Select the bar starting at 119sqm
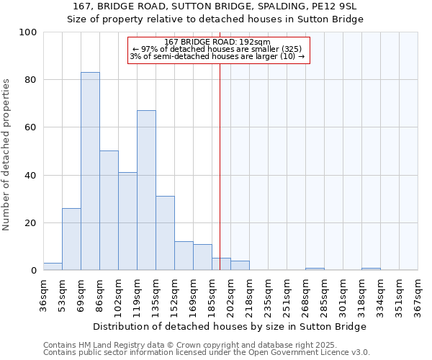pos(146,190)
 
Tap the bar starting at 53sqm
pos(71,239)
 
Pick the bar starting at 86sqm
pos(109,210)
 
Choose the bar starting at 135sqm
pos(165,233)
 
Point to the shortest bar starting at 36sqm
pos(53,266)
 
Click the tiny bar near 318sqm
pos(371,269)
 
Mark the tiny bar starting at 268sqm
pos(315,269)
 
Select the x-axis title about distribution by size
pos(230,326)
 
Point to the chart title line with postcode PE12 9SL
pos(215,6)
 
